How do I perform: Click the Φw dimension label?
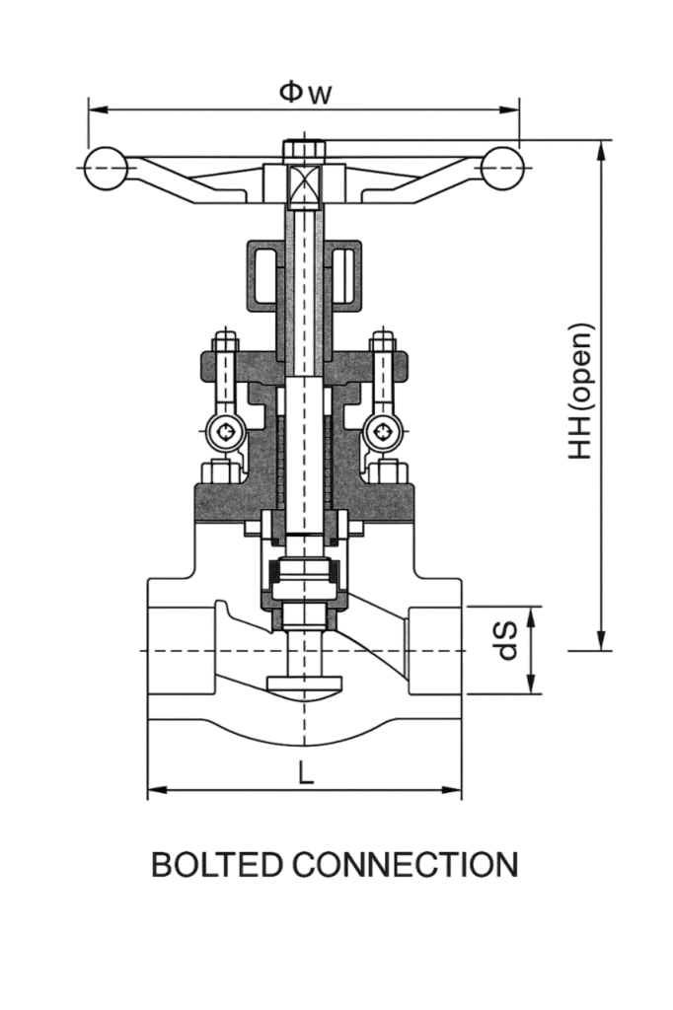(x=305, y=94)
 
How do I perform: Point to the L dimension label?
(x=306, y=773)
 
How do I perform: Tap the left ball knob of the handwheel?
(x=107, y=169)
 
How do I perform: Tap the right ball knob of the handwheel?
(x=501, y=169)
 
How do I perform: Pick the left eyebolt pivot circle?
(x=225, y=432)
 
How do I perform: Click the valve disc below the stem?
(x=305, y=685)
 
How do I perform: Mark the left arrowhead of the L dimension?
(x=156, y=790)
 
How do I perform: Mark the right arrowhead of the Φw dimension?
(x=511, y=110)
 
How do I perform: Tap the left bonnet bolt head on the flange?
(x=217, y=472)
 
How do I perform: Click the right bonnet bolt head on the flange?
(x=392, y=472)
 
